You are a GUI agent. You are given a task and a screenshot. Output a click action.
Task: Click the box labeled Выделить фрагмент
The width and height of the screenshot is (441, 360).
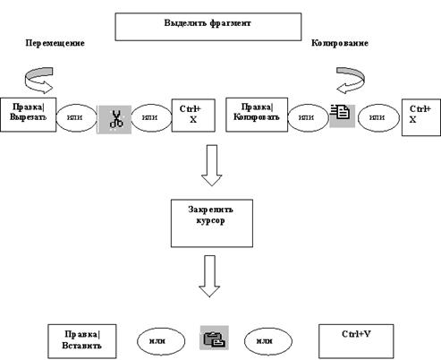[208, 27]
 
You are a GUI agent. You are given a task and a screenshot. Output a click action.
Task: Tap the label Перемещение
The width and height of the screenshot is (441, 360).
[55, 43]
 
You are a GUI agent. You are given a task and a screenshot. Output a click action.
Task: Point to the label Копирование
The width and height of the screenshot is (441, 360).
[340, 43]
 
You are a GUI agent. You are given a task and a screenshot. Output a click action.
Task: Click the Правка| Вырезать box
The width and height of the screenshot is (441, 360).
[28, 115]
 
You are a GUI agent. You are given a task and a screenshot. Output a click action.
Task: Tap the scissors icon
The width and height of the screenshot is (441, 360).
[114, 119]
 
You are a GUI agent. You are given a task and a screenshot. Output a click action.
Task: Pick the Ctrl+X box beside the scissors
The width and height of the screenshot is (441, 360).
[193, 116]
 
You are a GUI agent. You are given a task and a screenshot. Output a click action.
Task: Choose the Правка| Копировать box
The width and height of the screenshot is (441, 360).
[257, 115]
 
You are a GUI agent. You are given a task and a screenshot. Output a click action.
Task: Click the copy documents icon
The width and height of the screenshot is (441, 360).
[342, 116]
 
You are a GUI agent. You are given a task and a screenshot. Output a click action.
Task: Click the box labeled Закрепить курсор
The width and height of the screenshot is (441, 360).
[212, 223]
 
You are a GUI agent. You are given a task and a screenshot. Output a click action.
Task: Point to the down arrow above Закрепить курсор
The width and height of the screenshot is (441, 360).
[212, 165]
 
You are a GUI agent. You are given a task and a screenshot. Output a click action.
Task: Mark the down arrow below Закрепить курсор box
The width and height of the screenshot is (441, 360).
[209, 276]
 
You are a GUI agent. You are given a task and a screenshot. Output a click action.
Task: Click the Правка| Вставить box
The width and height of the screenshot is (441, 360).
[82, 341]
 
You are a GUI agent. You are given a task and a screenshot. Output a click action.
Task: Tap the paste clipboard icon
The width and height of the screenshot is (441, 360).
[214, 338]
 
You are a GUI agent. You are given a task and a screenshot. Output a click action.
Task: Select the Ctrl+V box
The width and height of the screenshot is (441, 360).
[356, 341]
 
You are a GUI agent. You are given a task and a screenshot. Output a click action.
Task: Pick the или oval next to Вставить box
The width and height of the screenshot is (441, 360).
[161, 341]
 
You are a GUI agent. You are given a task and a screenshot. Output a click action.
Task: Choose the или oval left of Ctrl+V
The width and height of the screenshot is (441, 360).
[268, 341]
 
